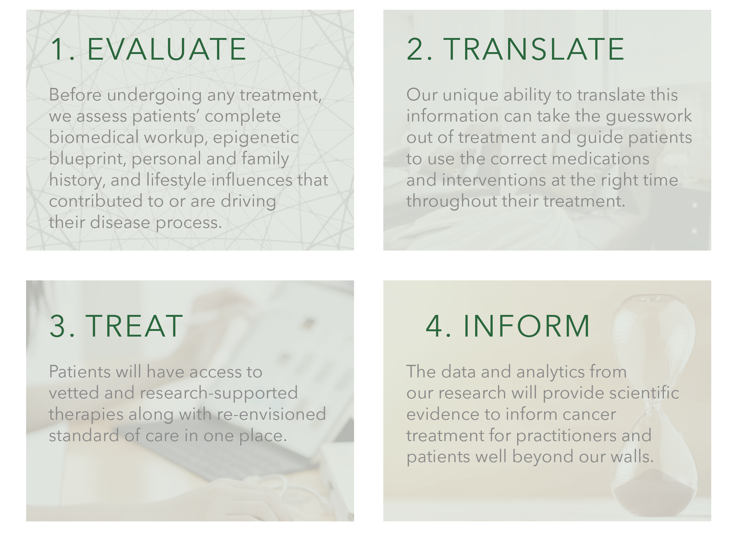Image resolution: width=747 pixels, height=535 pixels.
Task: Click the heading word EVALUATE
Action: click(x=167, y=49)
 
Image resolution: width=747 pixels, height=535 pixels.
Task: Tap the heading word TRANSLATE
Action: click(x=534, y=49)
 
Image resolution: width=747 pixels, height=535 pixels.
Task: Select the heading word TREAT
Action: click(x=134, y=326)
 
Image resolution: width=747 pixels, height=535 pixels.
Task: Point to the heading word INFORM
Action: click(x=527, y=326)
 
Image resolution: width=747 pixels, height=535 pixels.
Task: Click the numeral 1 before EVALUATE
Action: click(x=58, y=49)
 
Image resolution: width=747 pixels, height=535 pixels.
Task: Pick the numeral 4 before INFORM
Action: click(x=434, y=326)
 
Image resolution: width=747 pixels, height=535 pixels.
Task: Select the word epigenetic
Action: click(x=256, y=138)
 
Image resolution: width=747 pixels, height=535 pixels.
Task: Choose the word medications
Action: click(x=601, y=159)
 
